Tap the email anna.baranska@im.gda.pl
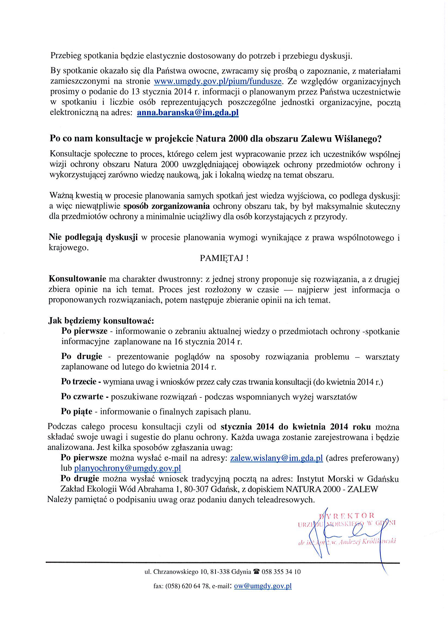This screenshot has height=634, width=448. (188, 113)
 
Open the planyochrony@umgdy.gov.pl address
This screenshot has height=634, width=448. (128, 468)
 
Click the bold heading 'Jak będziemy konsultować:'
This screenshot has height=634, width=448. (101, 321)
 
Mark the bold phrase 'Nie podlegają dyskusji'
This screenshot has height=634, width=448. (93, 237)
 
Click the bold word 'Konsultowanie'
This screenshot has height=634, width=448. (78, 279)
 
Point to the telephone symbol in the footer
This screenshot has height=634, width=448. (256, 572)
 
